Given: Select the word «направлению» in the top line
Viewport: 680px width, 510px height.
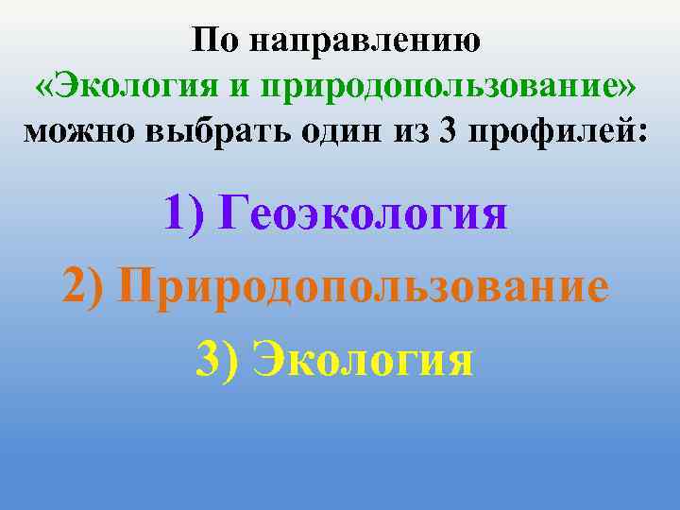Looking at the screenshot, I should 363,42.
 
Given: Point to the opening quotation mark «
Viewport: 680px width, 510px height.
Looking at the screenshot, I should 44,86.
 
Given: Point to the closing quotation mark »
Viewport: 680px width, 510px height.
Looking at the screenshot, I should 626,86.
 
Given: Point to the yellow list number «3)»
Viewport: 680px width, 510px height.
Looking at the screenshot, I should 217,360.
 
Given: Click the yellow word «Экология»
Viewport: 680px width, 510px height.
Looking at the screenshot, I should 365,360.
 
